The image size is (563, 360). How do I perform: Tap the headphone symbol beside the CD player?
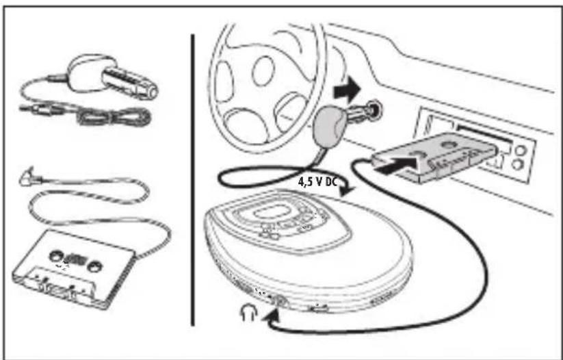(x=248, y=312)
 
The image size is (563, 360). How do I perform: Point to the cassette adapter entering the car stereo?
(x=434, y=155)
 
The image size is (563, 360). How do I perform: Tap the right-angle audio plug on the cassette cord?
(x=29, y=177)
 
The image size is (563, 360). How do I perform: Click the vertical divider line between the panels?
(x=193, y=179)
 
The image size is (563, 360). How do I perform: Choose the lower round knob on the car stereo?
(x=517, y=164)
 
